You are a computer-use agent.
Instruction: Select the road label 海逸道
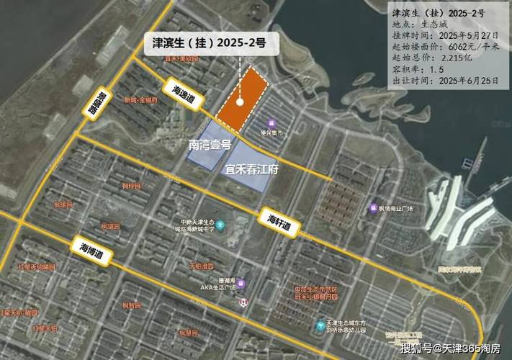[x=184, y=93]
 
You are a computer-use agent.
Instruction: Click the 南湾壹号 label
[x=210, y=145]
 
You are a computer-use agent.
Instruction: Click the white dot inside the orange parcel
[x=239, y=102]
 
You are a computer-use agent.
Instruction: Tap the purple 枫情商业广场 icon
[x=373, y=208]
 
